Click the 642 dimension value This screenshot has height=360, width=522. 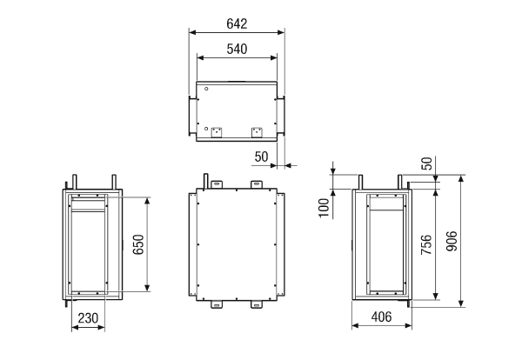tap(237, 23)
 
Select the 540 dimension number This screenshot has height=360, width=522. tap(237, 49)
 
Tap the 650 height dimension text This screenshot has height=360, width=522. tap(138, 244)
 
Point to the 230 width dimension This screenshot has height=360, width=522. tap(88, 318)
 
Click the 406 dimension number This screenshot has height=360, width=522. tap(382, 317)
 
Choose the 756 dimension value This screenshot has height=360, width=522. tap(426, 245)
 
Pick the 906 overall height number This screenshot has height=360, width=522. tap(452, 241)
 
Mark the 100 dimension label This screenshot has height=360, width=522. tap(324, 208)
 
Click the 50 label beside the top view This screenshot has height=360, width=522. tap(261, 157)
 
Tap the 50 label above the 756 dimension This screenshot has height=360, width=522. tap(426, 163)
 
